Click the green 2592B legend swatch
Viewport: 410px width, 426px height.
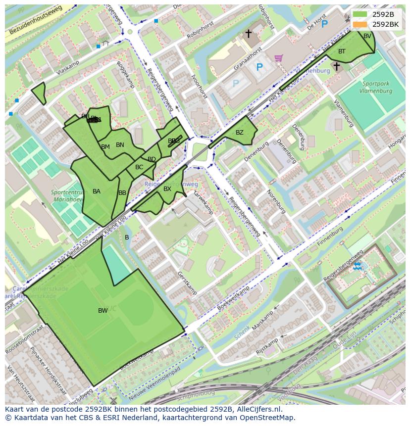pyautogui.click(x=360, y=14)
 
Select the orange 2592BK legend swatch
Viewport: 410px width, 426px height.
pyautogui.click(x=360, y=24)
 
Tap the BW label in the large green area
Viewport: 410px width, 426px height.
pyautogui.click(x=103, y=311)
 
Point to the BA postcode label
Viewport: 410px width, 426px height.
pyautogui.click(x=97, y=191)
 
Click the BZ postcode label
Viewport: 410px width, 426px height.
pyautogui.click(x=240, y=133)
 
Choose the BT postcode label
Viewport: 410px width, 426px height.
pyautogui.click(x=342, y=51)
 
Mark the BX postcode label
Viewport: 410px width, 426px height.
pyautogui.click(x=167, y=189)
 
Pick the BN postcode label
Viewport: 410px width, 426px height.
pyautogui.click(x=120, y=145)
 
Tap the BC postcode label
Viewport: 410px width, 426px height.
pyautogui.click(x=139, y=167)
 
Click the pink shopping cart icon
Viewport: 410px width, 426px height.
pyautogui.click(x=279, y=58)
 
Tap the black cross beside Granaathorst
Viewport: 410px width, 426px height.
pyautogui.click(x=249, y=34)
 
